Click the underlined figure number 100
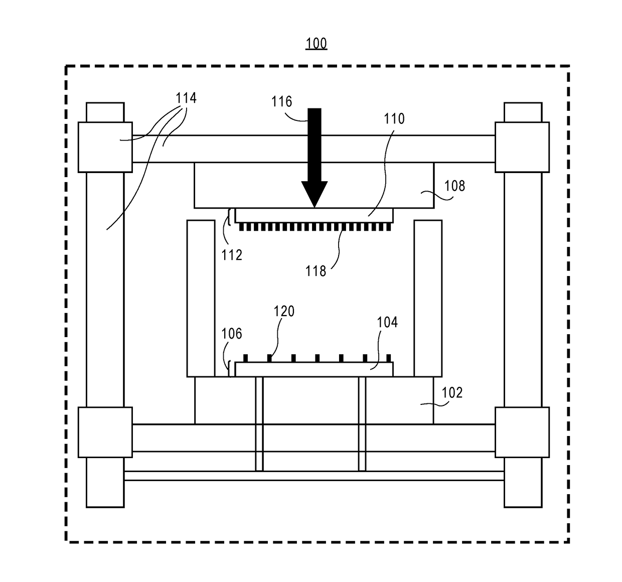316,44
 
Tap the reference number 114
186,98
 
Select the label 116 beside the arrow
281,102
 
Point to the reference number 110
394,119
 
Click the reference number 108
454,186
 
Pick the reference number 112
232,255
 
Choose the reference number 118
316,271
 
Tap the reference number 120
284,312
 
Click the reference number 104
387,322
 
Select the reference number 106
232,334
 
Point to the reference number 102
451,392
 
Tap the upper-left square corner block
105,147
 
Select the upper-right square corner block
522,147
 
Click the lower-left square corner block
105,432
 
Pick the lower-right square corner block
522,432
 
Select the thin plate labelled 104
314,369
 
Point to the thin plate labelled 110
314,216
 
